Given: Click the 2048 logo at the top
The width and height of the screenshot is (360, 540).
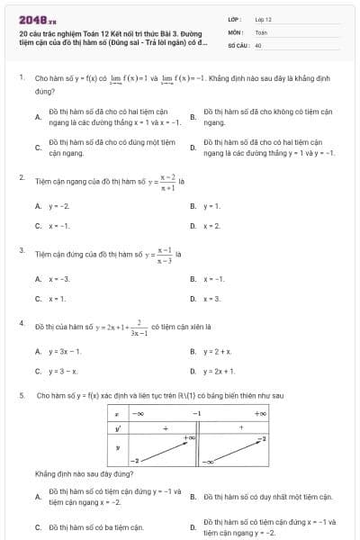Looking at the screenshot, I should pos(37,18).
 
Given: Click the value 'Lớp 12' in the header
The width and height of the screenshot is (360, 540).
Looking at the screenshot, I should pos(264,18).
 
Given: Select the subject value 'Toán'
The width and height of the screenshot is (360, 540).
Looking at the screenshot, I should pos(261,31).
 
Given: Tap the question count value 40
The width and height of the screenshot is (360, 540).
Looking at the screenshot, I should pos(258,44).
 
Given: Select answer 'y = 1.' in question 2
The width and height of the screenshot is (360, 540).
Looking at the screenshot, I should pos(211,206).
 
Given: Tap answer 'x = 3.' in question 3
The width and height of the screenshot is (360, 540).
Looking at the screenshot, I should pos(211,297).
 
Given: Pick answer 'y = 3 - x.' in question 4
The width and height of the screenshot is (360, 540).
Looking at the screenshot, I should pos(63,370).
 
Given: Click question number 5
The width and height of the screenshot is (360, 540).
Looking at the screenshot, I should pos(21,395).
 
